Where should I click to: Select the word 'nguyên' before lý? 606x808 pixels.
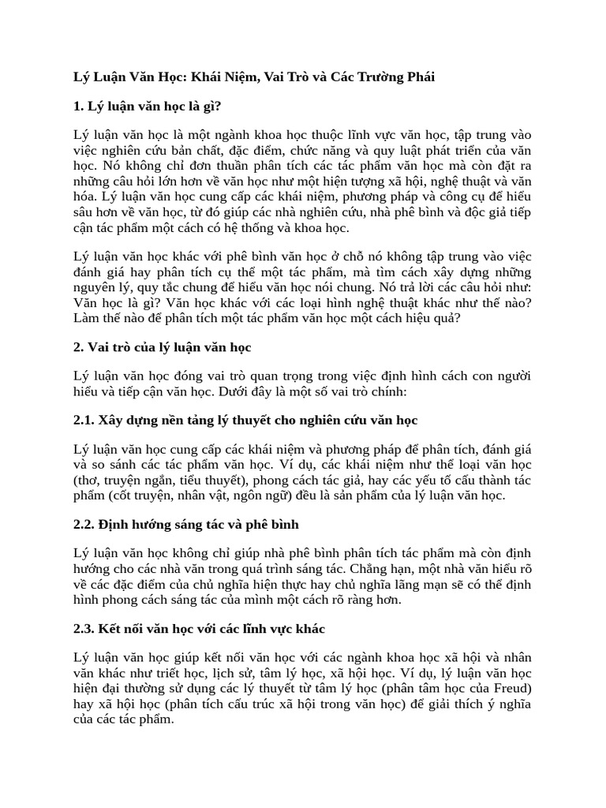coord(95,287)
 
